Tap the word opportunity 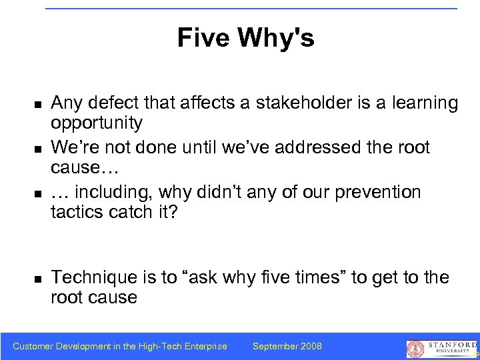point(97,123)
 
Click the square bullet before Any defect point(39,105)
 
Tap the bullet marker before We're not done point(39,149)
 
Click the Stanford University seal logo point(415,349)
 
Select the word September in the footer point(274,346)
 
